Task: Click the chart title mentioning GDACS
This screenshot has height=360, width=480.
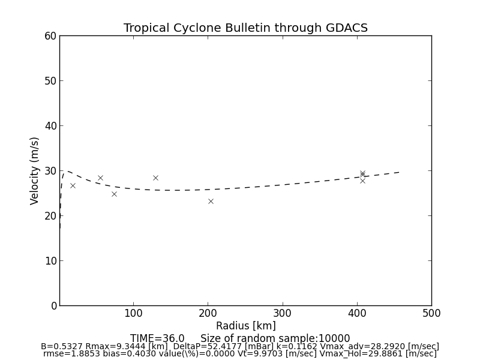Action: click(245, 28)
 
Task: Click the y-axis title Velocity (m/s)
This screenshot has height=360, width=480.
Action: click(35, 170)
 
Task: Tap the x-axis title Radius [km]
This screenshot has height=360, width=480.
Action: click(245, 326)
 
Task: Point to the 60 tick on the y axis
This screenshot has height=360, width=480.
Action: click(50, 36)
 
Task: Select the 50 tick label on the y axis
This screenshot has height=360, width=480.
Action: click(50, 81)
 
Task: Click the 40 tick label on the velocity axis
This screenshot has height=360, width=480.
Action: click(50, 126)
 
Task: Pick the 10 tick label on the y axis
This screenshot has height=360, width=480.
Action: click(50, 261)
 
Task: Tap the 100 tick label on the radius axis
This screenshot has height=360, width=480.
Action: click(133, 313)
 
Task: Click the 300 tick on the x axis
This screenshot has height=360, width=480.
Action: click(283, 313)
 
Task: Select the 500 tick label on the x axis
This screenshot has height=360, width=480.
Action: click(431, 313)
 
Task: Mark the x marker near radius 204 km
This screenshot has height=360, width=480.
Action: click(211, 201)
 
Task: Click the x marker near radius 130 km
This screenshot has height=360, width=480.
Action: click(155, 178)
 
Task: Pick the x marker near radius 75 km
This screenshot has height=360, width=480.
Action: click(114, 194)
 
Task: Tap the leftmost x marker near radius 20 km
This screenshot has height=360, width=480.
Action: click(73, 185)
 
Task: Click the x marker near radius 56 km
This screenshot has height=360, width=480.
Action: click(100, 178)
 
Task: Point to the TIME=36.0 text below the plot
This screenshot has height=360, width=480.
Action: click(157, 338)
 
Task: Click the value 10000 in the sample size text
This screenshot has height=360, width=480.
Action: click(334, 338)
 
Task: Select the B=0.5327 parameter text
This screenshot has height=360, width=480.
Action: click(62, 347)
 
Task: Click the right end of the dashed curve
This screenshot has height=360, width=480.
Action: click(400, 172)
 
